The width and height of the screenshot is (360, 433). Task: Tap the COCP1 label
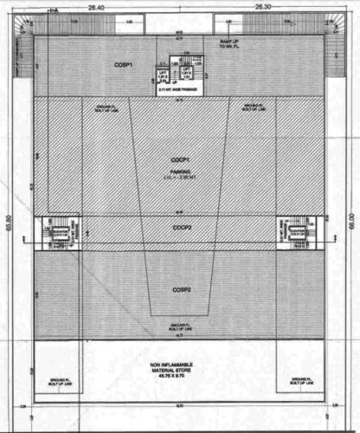point(180,161)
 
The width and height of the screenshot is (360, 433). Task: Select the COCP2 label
point(181,228)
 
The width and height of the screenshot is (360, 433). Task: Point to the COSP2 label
point(180,289)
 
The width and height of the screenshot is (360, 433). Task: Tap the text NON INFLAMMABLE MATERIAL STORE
point(180,366)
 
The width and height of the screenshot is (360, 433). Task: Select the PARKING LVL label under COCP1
point(180,175)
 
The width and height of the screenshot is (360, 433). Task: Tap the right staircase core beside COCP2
point(296,231)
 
